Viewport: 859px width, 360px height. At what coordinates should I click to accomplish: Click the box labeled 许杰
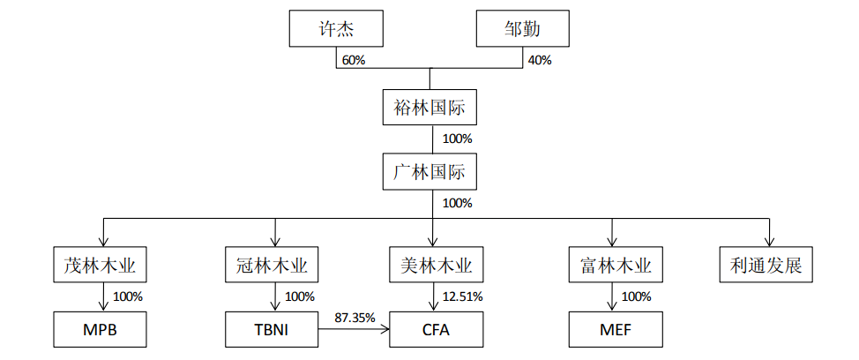click(x=336, y=29)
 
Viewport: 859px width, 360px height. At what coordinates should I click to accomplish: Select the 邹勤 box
click(x=522, y=29)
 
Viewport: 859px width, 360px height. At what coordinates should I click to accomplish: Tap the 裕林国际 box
click(x=429, y=108)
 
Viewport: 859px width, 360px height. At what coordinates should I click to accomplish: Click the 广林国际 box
click(x=429, y=172)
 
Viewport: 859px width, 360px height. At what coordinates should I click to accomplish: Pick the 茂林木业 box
click(x=101, y=266)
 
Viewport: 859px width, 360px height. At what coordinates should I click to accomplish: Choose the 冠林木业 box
click(x=273, y=266)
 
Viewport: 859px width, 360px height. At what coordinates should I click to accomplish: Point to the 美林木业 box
click(x=436, y=266)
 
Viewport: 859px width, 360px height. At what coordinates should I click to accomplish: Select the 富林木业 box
click(x=616, y=266)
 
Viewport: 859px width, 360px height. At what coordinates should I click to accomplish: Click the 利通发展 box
click(x=766, y=266)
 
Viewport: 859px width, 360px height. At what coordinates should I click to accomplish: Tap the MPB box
click(x=101, y=329)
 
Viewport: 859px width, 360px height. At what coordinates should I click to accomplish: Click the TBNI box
click(x=273, y=329)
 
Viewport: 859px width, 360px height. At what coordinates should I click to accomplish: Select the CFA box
click(x=436, y=329)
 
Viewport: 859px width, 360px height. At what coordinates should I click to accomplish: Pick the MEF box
click(x=616, y=329)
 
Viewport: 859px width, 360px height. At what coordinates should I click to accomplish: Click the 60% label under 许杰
click(x=354, y=60)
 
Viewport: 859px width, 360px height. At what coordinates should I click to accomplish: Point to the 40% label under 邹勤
click(x=539, y=60)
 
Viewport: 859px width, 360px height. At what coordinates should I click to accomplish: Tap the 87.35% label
click(x=355, y=317)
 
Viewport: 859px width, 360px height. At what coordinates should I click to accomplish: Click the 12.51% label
click(x=462, y=297)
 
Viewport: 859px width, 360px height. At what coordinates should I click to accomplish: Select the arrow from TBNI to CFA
click(x=355, y=329)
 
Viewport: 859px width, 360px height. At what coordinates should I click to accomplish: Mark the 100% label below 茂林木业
click(x=128, y=297)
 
